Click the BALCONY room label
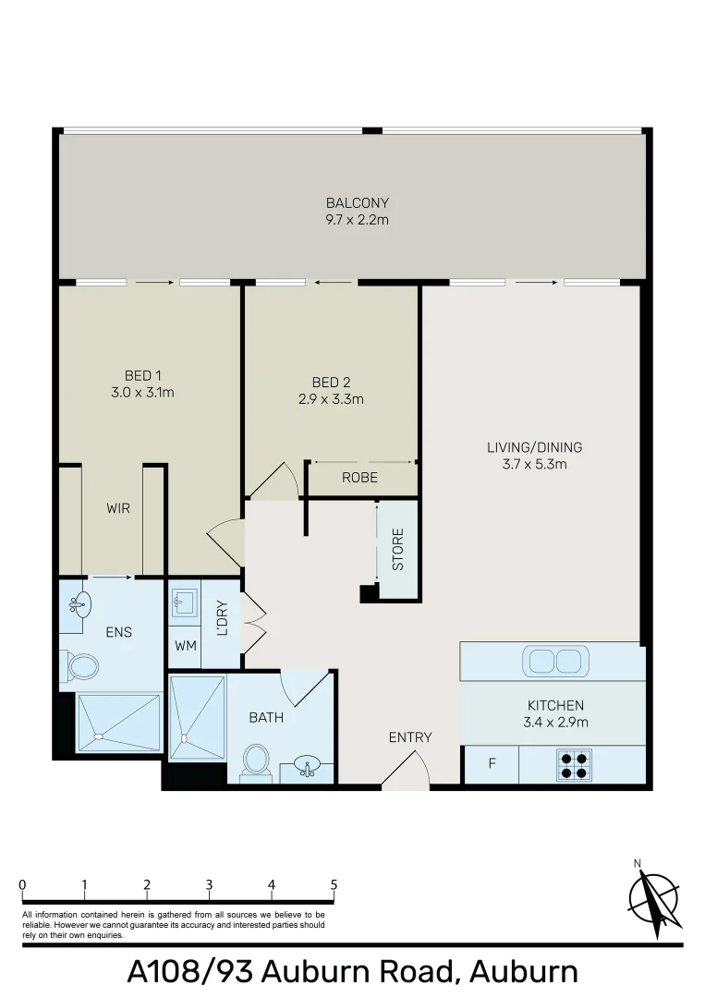point(357,203)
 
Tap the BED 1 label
point(143,375)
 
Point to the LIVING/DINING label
point(534,448)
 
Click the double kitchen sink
point(553,661)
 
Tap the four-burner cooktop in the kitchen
point(574,765)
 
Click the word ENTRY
point(409,736)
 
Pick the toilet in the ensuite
point(81,665)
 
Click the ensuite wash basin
point(80,605)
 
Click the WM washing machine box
point(186,646)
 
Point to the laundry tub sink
point(183,602)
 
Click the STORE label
point(398,550)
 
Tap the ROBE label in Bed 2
point(359,478)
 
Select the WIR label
point(117,508)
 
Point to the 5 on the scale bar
point(334,884)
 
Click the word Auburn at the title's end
point(523,972)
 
